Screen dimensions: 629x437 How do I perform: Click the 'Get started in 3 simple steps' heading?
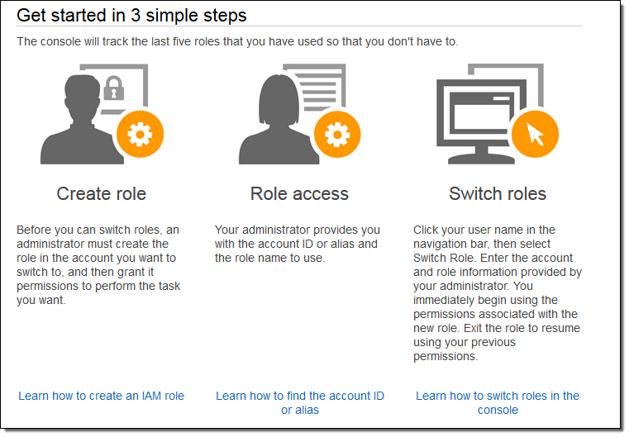(x=131, y=15)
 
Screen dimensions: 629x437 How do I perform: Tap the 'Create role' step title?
(x=101, y=193)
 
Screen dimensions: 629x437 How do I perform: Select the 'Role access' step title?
(x=299, y=193)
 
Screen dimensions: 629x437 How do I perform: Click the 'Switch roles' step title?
(x=498, y=193)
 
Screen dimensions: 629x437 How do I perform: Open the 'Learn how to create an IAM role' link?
(x=101, y=396)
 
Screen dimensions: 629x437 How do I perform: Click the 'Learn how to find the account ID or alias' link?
(x=300, y=402)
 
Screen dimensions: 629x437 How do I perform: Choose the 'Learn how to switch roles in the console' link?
(x=498, y=402)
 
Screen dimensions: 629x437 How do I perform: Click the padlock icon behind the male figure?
(x=114, y=88)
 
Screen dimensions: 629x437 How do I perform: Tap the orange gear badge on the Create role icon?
(x=140, y=134)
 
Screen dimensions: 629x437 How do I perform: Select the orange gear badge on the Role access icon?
(x=337, y=134)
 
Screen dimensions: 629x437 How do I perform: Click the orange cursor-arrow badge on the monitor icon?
(x=535, y=134)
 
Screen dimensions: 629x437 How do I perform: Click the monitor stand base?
(x=481, y=160)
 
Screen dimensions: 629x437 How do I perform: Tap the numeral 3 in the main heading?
(x=136, y=15)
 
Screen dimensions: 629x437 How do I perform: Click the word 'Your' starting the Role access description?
(x=226, y=230)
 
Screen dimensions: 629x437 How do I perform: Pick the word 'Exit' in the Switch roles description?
(x=473, y=328)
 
